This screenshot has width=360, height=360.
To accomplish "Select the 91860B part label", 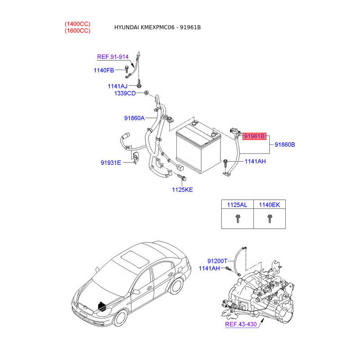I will point(284,144).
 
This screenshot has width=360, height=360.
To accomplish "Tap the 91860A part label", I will point(134,118).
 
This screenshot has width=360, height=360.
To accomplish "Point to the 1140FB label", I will point(104,70).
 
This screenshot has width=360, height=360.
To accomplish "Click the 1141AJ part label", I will point(117,86).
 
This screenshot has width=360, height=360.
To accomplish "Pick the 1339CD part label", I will point(125,93).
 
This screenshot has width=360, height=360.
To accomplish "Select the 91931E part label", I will point(111,162).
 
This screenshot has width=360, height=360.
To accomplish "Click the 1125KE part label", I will point(182,189).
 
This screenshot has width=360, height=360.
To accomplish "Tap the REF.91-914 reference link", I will point(113,57).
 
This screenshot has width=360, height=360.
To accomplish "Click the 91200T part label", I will point(218,261).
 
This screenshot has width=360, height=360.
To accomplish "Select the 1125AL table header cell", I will point(237,205).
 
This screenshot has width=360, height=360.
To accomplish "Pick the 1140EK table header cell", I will point(269,205).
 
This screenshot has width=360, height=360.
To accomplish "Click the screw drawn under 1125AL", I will point(237,219).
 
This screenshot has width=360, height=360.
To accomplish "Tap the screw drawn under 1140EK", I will point(269,219).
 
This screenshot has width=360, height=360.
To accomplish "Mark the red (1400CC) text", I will point(77,23).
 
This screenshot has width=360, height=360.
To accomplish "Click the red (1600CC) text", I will point(77,31).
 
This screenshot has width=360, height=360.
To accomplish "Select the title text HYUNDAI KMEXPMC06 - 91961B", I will point(157,27).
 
